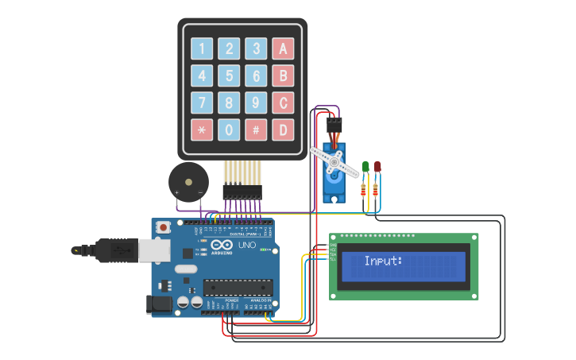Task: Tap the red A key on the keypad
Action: click(283, 49)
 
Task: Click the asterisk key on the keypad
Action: click(202, 130)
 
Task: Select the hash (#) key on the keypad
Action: click(256, 130)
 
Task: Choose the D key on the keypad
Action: click(283, 130)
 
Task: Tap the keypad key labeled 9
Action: click(256, 103)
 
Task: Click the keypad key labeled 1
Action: click(202, 49)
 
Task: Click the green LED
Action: click(365, 167)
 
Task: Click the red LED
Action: click(377, 167)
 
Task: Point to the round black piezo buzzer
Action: click(188, 183)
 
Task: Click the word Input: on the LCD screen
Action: click(384, 261)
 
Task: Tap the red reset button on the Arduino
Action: click(164, 227)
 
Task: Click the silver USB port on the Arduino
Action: click(154, 250)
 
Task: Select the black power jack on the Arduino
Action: click(160, 304)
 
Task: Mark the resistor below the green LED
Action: click(365, 189)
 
